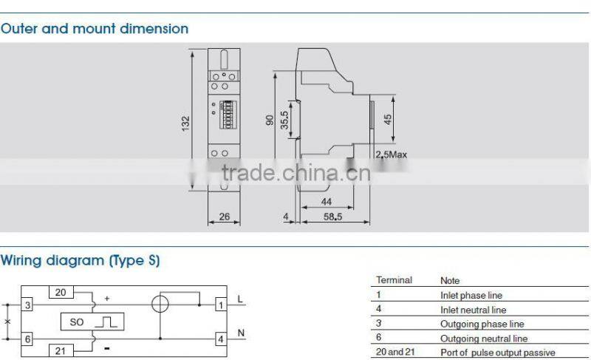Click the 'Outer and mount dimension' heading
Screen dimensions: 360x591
point(95,29)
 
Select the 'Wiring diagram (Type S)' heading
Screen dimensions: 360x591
point(80,260)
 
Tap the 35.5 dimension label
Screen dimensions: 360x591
point(284,119)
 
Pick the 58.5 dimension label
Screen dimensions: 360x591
point(332,217)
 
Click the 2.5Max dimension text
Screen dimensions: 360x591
point(392,154)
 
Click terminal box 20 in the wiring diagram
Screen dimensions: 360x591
point(61,292)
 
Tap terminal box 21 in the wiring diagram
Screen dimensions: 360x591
point(61,350)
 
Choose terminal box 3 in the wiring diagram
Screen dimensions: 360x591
point(27,305)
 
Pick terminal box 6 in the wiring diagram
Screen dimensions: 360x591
point(27,338)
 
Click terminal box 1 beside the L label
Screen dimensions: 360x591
point(220,304)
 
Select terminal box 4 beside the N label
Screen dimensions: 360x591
point(220,339)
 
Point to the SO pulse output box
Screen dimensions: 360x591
point(92,322)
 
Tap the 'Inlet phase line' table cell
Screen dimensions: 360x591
point(471,295)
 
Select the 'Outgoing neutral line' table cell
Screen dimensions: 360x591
point(484,339)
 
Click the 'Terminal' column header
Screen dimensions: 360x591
point(394,281)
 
